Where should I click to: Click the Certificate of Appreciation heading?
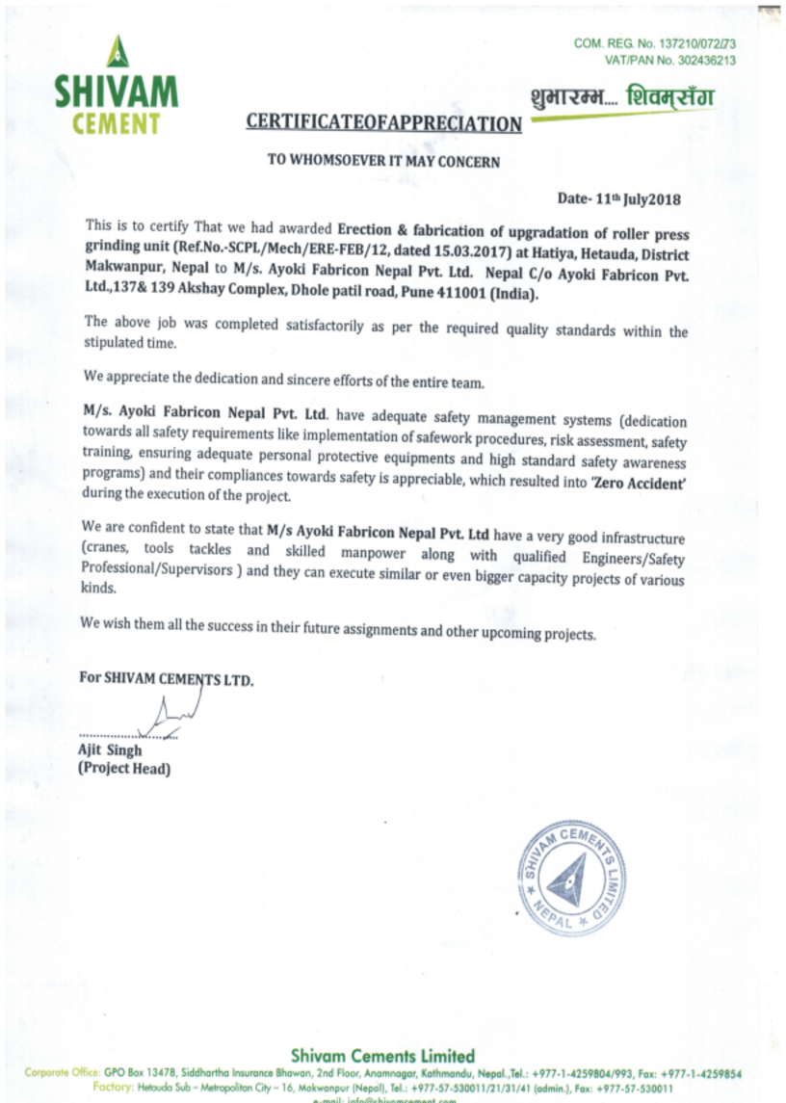click(x=383, y=122)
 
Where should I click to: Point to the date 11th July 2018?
click(x=637, y=200)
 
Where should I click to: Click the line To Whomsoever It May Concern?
click(x=383, y=161)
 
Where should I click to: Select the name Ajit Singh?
click(x=109, y=749)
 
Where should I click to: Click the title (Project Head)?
click(x=123, y=769)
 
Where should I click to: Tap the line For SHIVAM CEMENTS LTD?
click(x=167, y=678)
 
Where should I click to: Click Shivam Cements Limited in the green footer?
click(x=382, y=1056)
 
